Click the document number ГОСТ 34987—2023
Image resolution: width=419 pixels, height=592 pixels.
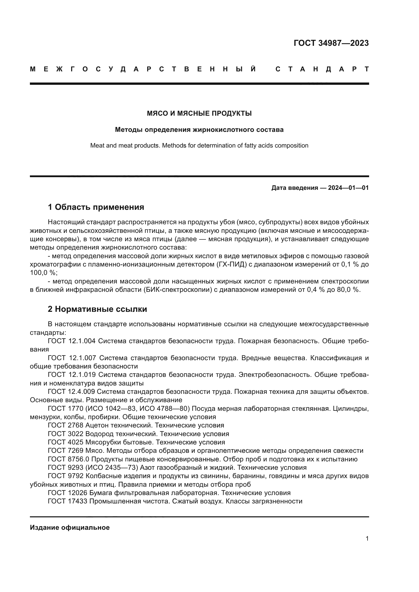tap(331, 43)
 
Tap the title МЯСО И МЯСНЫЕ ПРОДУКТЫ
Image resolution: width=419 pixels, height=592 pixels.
tap(199, 113)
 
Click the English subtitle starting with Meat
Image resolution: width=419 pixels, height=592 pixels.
tap(199, 146)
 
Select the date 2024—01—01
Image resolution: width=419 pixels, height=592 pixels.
tap(348, 188)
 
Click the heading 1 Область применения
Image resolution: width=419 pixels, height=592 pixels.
tap(96, 207)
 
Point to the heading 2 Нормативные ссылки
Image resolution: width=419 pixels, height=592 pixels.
tap(97, 309)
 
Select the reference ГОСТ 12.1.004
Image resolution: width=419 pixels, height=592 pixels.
tap(71, 341)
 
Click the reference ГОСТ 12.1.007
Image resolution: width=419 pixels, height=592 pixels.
tap(72, 358)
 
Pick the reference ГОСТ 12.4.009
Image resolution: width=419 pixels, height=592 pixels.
tap(71, 391)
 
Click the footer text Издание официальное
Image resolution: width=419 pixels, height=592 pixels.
tap(70, 527)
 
